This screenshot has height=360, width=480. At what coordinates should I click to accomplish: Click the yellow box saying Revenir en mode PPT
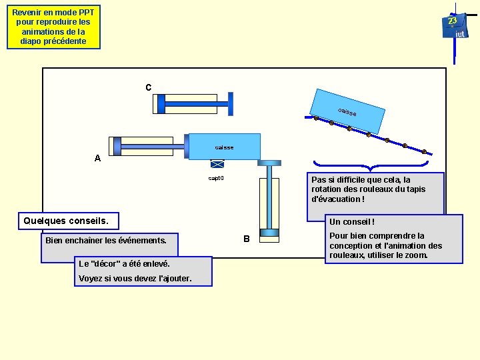(x=53, y=27)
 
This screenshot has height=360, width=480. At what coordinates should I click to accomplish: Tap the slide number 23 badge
(x=453, y=21)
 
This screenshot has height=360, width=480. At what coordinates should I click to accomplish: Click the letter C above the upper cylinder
(x=148, y=87)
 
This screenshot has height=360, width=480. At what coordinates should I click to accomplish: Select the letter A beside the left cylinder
(x=98, y=159)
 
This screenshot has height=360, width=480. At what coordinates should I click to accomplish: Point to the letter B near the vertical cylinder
(x=246, y=239)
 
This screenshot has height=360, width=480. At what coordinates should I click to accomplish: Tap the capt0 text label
(x=216, y=178)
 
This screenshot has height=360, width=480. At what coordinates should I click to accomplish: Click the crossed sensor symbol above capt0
(x=217, y=164)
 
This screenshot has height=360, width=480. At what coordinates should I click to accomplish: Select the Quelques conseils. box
(x=69, y=221)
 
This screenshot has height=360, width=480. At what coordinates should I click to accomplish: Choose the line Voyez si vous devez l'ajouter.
(x=135, y=278)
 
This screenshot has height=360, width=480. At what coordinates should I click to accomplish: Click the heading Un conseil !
(x=352, y=222)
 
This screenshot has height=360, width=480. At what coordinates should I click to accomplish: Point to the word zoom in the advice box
(x=415, y=255)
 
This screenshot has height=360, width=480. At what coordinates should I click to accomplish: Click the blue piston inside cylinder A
(x=118, y=146)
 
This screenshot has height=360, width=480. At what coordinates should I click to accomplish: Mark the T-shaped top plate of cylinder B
(x=270, y=162)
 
